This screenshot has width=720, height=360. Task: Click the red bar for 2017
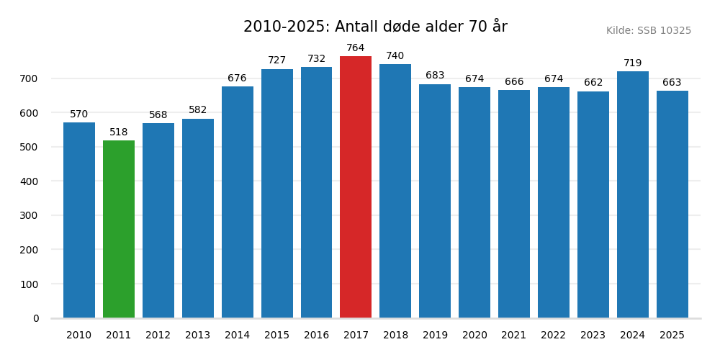click(356, 187)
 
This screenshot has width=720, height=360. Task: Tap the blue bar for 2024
click(633, 194)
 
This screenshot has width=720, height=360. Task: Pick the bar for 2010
click(79, 220)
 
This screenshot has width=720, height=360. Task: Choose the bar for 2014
click(238, 202)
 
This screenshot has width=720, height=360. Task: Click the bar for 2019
click(435, 201)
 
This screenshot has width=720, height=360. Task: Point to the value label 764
click(356, 48)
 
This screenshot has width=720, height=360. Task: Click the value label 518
click(119, 132)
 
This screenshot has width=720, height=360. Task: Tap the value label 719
click(633, 63)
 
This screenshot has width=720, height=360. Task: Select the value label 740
click(395, 56)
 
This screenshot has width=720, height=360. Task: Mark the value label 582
click(198, 110)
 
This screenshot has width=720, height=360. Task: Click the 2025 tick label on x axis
click(672, 336)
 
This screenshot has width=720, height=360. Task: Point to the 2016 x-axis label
click(316, 336)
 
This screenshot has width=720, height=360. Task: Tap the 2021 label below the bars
click(514, 336)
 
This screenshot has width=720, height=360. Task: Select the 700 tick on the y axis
click(30, 78)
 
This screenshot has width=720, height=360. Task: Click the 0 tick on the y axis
click(36, 318)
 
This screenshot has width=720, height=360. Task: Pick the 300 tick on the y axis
click(30, 215)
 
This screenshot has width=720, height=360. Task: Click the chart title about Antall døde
click(375, 27)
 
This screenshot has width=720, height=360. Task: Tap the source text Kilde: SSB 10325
click(648, 31)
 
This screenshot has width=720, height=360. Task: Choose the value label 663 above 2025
click(672, 83)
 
